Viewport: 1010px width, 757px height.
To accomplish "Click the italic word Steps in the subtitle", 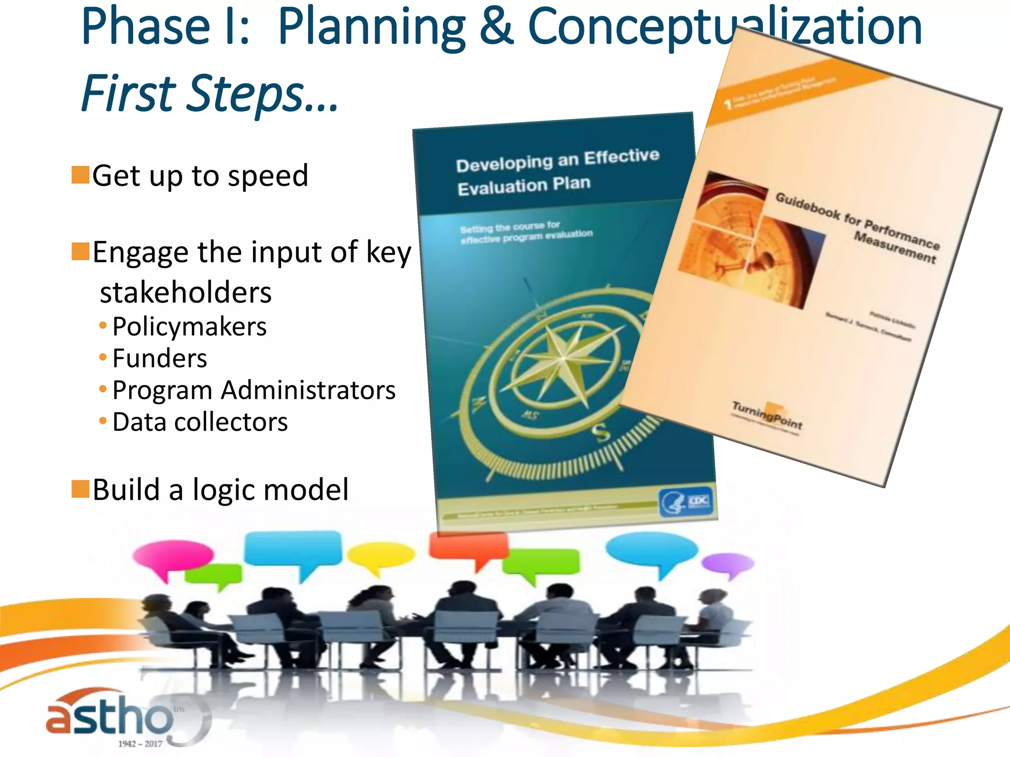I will pos(247,94).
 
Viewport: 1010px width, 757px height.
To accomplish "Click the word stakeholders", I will pos(185,292).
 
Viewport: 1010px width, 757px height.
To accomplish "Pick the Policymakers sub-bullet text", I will pos(189,327).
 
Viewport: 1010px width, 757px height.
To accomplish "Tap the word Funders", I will pos(160,358).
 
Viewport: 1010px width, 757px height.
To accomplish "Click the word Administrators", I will pos(308,390).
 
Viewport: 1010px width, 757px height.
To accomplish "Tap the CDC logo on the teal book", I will pos(686,502).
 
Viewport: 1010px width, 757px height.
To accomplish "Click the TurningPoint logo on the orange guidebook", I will pos(767,415).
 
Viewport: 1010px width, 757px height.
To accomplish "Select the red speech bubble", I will pos(469,548).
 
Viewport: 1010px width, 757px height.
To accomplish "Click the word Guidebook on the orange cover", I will pos(807,206).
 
